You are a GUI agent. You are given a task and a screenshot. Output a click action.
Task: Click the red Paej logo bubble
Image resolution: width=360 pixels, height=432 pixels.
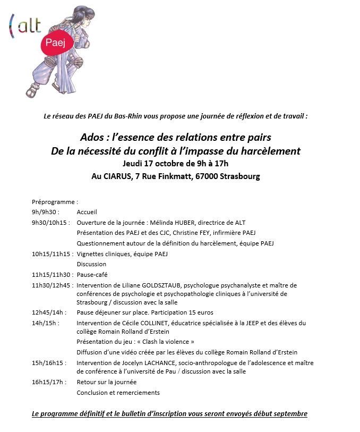point(55,43)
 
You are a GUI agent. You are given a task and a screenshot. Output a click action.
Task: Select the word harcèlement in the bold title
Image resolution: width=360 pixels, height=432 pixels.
point(270,151)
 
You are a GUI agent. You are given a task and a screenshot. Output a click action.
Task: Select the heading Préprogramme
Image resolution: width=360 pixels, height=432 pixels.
point(55,202)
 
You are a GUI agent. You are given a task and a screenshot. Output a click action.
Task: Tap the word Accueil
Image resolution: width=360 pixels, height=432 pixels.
point(87,212)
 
